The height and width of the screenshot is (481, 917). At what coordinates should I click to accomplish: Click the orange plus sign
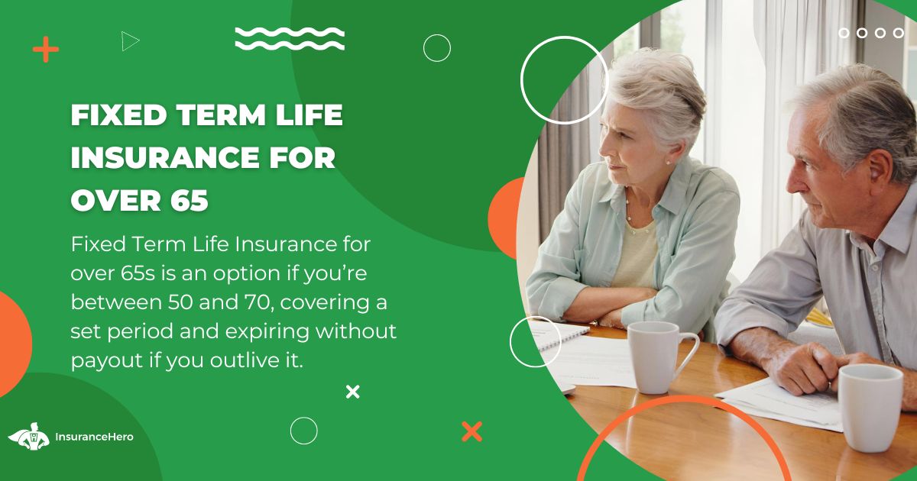pos(45,49)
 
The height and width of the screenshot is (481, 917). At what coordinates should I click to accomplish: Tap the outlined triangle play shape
pos(129,41)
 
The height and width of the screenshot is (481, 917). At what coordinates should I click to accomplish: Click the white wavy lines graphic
pos(290,38)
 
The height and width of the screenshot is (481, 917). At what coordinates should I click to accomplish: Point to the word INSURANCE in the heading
pos(165,157)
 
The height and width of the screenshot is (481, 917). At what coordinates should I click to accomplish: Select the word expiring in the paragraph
pos(267,332)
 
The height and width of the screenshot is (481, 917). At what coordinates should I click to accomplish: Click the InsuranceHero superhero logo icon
pos(30,436)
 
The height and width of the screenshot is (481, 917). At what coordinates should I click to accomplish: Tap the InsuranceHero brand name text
pos(94,437)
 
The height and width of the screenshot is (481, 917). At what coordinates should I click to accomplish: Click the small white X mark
pos(352,392)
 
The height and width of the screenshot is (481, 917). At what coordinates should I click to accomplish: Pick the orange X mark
pos(471,431)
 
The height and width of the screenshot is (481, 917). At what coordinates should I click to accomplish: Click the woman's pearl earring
pos(669,162)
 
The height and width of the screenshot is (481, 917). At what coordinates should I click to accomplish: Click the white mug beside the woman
pos(657,357)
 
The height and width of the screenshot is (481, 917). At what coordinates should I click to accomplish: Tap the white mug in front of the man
pos(870,407)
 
